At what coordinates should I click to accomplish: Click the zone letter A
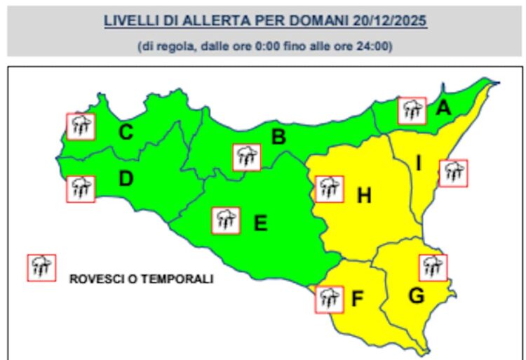(x=443, y=109)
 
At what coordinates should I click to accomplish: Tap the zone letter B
(x=278, y=138)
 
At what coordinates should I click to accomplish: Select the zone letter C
(x=126, y=131)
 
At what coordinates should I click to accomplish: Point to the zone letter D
(x=126, y=180)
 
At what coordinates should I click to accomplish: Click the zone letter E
(x=259, y=224)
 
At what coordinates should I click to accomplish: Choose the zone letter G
(x=416, y=296)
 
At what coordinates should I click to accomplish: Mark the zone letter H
(x=363, y=196)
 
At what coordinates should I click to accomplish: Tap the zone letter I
(x=419, y=164)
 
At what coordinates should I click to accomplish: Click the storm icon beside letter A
(x=412, y=110)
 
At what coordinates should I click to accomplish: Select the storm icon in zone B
(x=246, y=157)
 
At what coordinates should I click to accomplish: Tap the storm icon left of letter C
(x=81, y=126)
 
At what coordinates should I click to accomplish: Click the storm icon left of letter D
(x=81, y=189)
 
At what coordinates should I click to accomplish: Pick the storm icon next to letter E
(x=226, y=220)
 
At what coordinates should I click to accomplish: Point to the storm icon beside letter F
(x=329, y=298)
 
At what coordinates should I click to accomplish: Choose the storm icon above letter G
(x=433, y=267)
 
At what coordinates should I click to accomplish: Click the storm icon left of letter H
(x=328, y=187)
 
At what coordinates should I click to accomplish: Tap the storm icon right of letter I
(x=454, y=173)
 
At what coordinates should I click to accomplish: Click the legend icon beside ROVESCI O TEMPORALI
(x=41, y=267)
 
